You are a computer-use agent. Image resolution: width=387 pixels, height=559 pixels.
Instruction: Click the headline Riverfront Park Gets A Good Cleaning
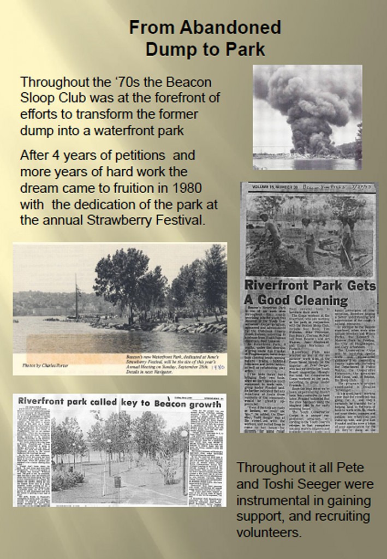pos(309,293)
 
